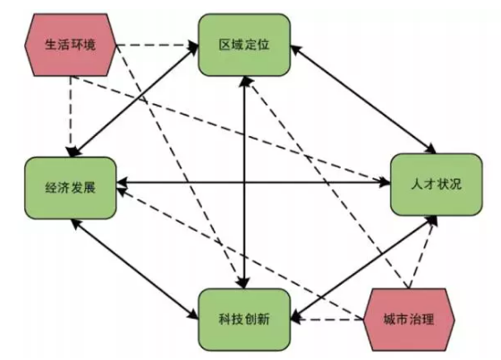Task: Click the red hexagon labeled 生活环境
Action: click(71, 45)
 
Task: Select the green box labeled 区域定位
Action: click(244, 45)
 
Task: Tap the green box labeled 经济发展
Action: click(71, 188)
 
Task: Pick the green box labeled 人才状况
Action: click(437, 184)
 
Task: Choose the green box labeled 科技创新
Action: click(244, 320)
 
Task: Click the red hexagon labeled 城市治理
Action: click(409, 320)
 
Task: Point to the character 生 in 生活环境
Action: click(51, 45)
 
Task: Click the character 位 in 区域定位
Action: click(263, 45)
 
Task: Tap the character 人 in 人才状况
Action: click(417, 184)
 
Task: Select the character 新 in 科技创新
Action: click(263, 320)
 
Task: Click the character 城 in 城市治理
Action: click(390, 320)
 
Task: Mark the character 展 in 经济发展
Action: click(89, 188)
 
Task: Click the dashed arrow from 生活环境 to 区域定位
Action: click(157, 45)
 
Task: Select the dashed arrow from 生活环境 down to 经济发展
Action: click(71, 116)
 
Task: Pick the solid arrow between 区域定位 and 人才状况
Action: click(363, 99)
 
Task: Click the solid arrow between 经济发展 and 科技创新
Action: click(135, 270)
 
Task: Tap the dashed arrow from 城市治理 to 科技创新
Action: click(327, 320)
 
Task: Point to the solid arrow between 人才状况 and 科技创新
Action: click(364, 268)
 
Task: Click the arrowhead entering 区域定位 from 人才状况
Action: click(296, 50)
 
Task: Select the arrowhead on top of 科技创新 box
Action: click(244, 283)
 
